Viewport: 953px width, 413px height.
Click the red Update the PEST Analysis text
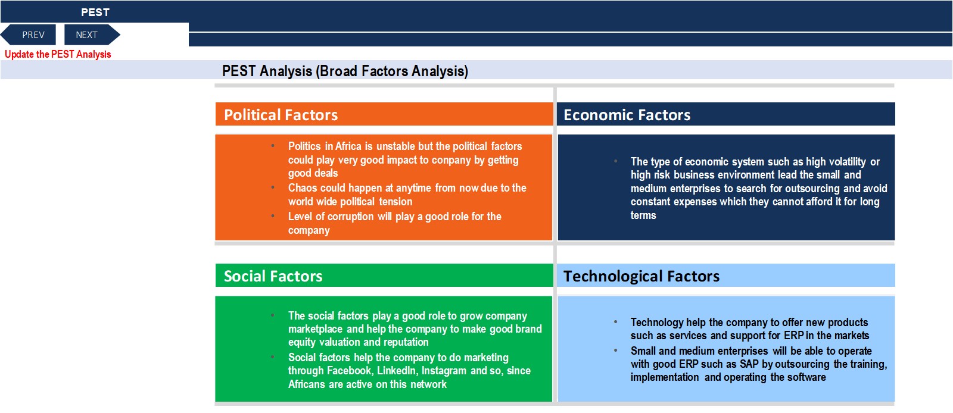point(58,54)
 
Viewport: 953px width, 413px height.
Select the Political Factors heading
point(281,115)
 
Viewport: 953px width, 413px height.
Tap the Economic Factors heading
point(627,115)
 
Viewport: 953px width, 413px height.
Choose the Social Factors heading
point(273,276)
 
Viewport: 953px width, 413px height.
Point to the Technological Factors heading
point(641,276)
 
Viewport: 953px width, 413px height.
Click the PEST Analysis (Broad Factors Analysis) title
point(345,71)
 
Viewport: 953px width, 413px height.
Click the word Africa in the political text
point(348,146)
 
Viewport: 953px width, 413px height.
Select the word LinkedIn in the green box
point(397,371)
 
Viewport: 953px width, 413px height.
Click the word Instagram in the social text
point(444,371)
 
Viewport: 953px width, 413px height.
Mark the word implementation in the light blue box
point(665,377)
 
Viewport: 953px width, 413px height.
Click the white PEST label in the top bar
point(95,12)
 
